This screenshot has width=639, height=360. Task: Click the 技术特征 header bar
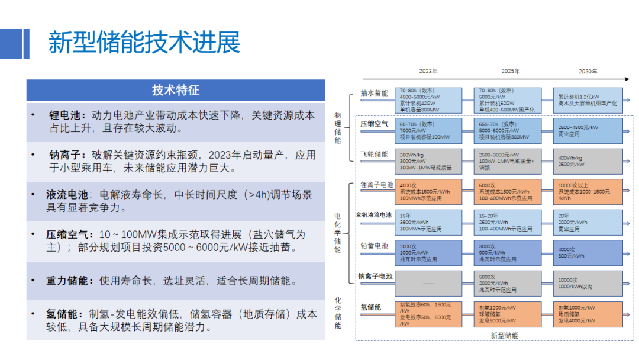point(176,90)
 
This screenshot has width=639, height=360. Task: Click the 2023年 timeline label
point(428,71)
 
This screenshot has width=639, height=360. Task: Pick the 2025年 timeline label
point(510,71)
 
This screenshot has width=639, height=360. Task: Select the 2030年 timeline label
point(588,71)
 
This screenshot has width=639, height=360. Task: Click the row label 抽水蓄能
point(374,94)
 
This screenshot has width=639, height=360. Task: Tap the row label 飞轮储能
point(374,155)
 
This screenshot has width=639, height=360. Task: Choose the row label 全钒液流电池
point(373,214)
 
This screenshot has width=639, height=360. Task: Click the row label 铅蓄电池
point(374,246)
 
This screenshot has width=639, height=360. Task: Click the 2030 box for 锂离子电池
point(588,192)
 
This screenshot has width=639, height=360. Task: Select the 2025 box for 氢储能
point(508,314)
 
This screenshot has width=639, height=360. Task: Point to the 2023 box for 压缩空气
point(428,131)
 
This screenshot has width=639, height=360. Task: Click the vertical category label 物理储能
point(338,128)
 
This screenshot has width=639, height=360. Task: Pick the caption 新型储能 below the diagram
point(504,336)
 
